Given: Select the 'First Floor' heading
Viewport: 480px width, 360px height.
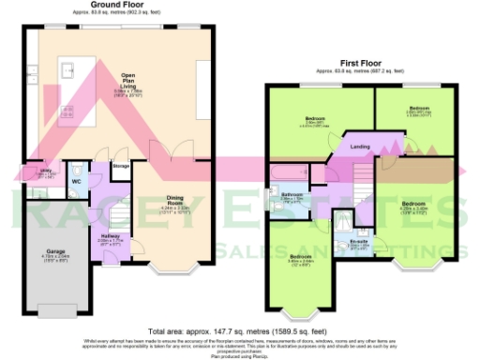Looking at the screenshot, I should pyautogui.click(x=361, y=63).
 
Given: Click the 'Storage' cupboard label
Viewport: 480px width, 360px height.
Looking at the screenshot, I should pyautogui.click(x=121, y=166).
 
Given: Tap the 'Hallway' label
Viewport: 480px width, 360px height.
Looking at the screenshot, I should pyautogui.click(x=112, y=237).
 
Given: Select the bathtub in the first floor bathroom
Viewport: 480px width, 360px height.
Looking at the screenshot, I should pyautogui.click(x=292, y=173).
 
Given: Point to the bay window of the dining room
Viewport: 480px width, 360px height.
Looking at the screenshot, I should pyautogui.click(x=172, y=273).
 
